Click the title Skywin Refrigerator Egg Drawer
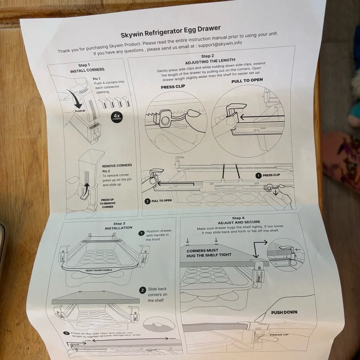(171, 32)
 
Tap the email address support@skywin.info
(220, 44)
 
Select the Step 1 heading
(84, 65)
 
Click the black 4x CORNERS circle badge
(117, 117)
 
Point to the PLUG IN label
(80, 111)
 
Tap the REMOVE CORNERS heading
(117, 166)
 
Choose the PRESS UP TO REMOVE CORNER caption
(107, 203)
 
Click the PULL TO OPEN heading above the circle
(247, 81)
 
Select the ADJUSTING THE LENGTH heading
(210, 61)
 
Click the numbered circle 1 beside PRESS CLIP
(258, 176)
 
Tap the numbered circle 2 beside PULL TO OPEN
(147, 201)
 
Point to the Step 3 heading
(119, 224)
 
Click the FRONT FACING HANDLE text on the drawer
(99, 270)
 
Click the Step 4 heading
(238, 218)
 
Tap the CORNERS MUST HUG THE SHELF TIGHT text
(209, 253)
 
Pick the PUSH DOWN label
(284, 312)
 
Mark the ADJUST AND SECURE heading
(239, 222)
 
